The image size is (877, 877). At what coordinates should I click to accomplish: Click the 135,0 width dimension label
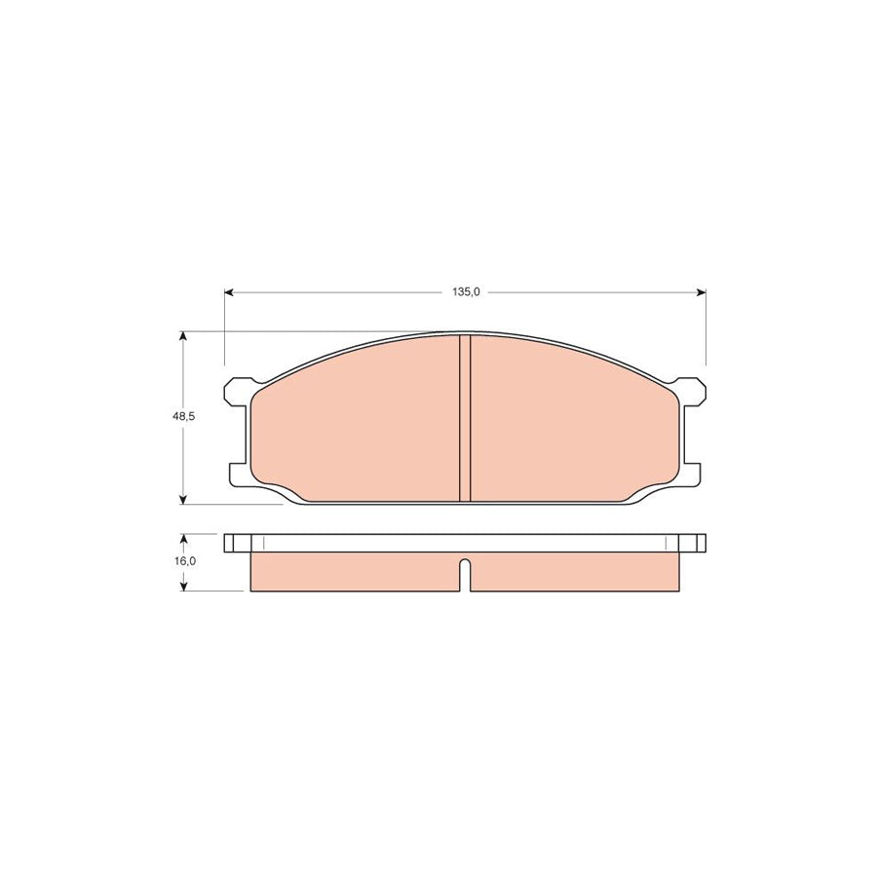(x=466, y=292)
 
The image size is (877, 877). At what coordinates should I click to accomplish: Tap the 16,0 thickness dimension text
(x=184, y=561)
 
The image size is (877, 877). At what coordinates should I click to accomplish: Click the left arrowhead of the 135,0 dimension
(x=229, y=292)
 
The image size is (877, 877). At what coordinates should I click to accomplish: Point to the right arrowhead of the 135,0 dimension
(x=702, y=292)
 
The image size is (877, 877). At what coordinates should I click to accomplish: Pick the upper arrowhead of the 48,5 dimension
(x=182, y=335)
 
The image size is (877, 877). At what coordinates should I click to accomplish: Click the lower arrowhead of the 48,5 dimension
(x=182, y=500)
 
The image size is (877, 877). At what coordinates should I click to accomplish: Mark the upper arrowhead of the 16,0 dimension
(x=183, y=539)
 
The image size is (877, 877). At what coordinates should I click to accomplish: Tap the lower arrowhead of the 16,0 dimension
(x=183, y=587)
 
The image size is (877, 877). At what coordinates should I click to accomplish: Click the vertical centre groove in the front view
(x=465, y=418)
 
